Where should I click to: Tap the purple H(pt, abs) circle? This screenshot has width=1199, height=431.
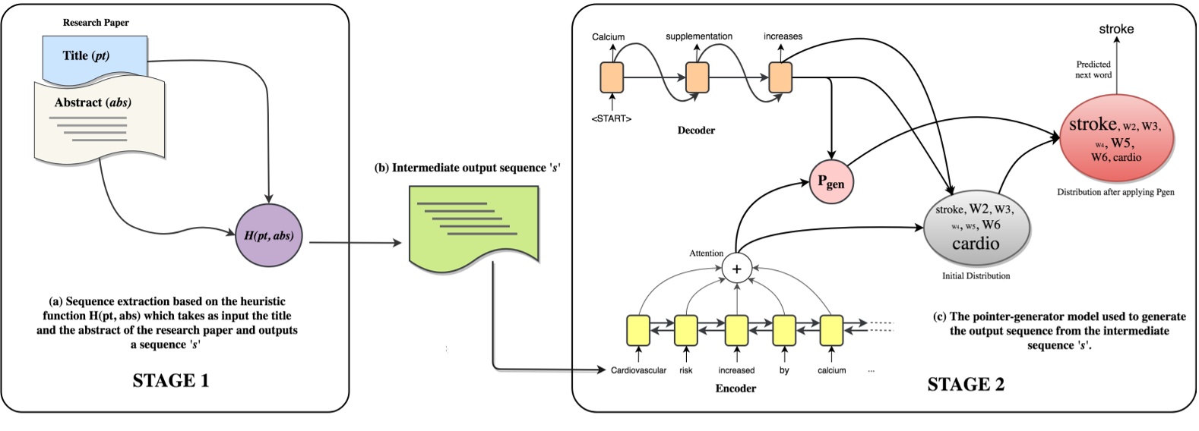pyautogui.click(x=269, y=235)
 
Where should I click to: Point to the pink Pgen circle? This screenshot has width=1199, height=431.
pyautogui.click(x=830, y=182)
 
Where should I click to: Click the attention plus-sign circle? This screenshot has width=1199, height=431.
pyautogui.click(x=736, y=268)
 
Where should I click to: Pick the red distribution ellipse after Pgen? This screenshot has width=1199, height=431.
pyautogui.click(x=1115, y=137)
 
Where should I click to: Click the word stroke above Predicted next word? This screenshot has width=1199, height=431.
pyautogui.click(x=1115, y=30)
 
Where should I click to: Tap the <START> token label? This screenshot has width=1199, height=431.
pyautogui.click(x=611, y=118)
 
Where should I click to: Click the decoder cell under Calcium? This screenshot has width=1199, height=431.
pyautogui.click(x=612, y=77)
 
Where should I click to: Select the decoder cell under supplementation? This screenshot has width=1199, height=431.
pyautogui.click(x=697, y=77)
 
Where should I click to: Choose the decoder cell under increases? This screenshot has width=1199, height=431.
pyautogui.click(x=780, y=77)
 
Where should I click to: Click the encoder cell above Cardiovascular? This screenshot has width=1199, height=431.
pyautogui.click(x=637, y=329)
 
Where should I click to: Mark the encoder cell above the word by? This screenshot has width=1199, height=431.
pyautogui.click(x=783, y=329)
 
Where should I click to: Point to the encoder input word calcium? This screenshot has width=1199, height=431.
pyautogui.click(x=831, y=370)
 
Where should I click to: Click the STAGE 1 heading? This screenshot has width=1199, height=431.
pyautogui.click(x=170, y=381)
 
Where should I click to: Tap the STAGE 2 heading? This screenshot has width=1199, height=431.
pyautogui.click(x=965, y=385)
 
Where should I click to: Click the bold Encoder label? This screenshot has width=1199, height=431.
pyautogui.click(x=736, y=389)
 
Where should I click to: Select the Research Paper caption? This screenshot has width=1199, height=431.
pyautogui.click(x=96, y=23)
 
